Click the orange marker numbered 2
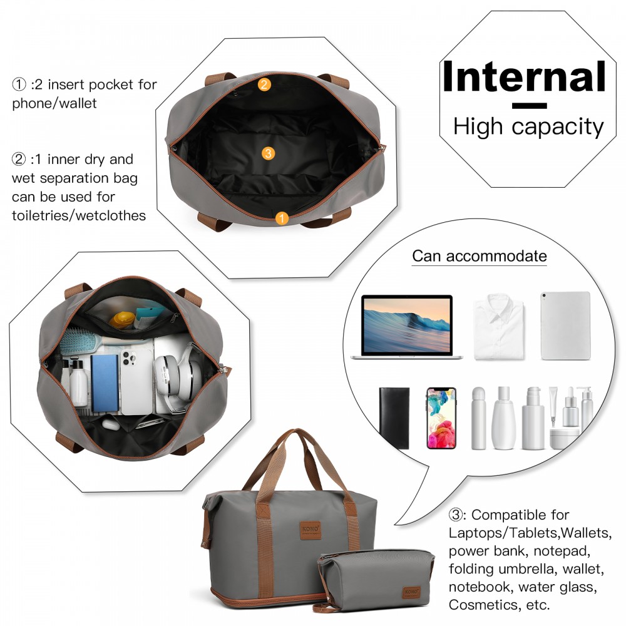pyautogui.click(x=264, y=85)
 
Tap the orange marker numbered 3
pyautogui.click(x=268, y=153)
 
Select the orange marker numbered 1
pyautogui.click(x=282, y=218)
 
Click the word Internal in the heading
pyautogui.click(x=524, y=76)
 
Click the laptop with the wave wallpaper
pyautogui.click(x=407, y=327)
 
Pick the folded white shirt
pyautogui.click(x=499, y=327)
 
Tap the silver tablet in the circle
pyautogui.click(x=565, y=326)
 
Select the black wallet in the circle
pyautogui.click(x=394, y=418)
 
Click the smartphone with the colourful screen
pyautogui.click(x=441, y=418)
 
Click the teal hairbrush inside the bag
pyautogui.click(x=81, y=341)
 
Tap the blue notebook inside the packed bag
pyautogui.click(x=105, y=383)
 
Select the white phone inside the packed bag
pyautogui.click(x=136, y=382)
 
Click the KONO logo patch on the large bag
pyautogui.click(x=310, y=530)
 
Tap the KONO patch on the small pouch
pyautogui.click(x=411, y=592)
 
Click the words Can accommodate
pyautogui.click(x=480, y=256)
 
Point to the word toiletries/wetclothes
pyautogui.click(x=79, y=215)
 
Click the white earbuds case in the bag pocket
pyautogui.click(x=111, y=424)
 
